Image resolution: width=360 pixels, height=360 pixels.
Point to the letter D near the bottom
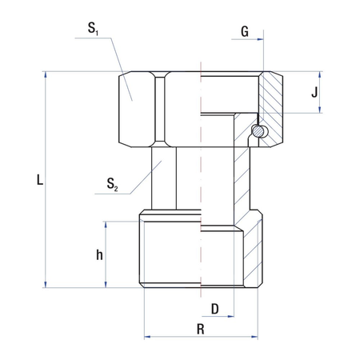pos(214,308)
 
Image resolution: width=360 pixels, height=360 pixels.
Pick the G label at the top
pos(244,33)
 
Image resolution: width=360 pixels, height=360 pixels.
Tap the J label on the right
pos(314,93)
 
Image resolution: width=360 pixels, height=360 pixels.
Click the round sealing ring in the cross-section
pos(258,130)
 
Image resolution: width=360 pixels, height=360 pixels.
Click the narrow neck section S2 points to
pos(164,180)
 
